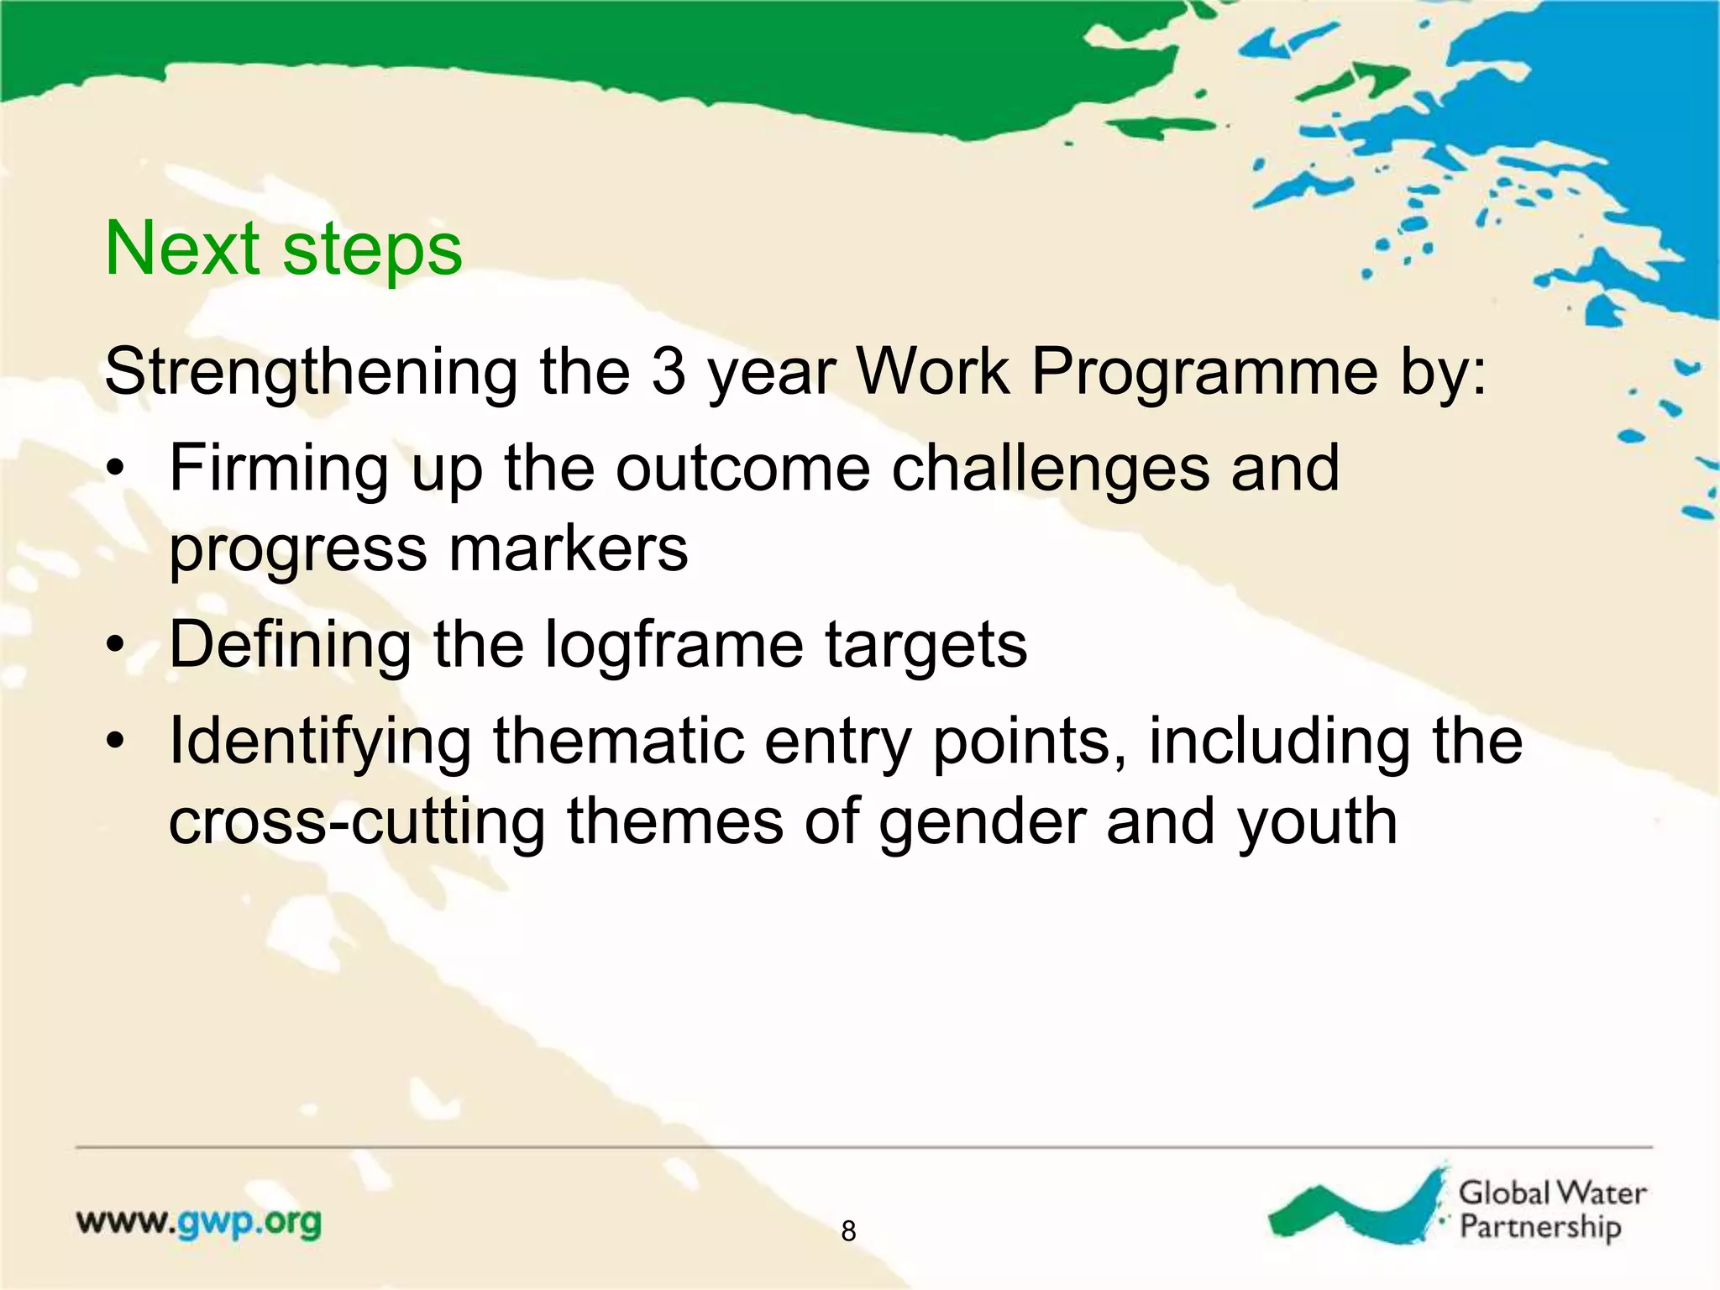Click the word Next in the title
point(181,249)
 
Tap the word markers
point(568,549)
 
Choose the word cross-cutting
point(357,821)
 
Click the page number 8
point(848,1231)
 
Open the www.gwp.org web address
point(199,1222)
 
